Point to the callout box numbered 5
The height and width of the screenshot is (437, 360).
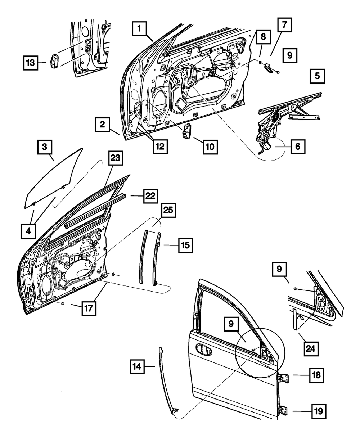click(x=316, y=76)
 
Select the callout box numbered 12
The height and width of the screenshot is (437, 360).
click(x=160, y=146)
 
